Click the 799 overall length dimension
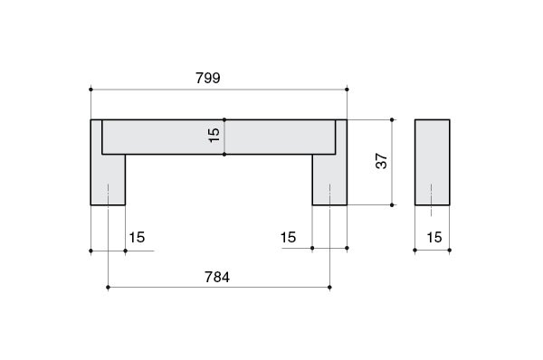208,78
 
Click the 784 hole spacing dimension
217,278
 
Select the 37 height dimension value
381,161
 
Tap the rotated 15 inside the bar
214,135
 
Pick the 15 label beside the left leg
137,238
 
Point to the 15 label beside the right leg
288,238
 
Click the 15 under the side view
434,238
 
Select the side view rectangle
433,162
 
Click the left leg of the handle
108,179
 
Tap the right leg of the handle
329,179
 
